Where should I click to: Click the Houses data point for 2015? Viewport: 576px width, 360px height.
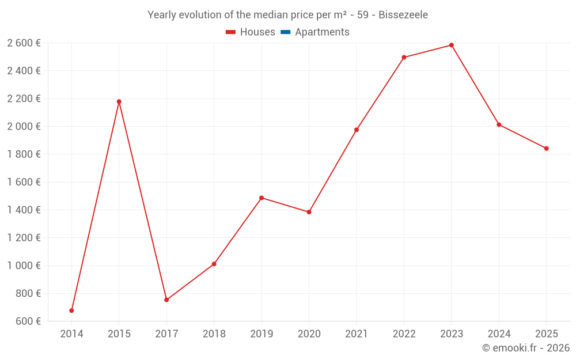click(x=119, y=101)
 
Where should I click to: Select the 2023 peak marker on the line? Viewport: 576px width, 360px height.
click(x=452, y=45)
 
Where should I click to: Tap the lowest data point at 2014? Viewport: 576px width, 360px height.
click(x=71, y=310)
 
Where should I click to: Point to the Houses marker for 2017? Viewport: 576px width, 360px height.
click(x=166, y=300)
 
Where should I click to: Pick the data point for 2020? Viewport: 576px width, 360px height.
click(x=309, y=212)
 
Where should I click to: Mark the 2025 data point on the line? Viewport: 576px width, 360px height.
click(x=547, y=149)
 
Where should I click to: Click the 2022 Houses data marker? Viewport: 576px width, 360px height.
click(x=404, y=58)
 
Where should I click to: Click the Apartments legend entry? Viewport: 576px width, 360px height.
click(x=322, y=32)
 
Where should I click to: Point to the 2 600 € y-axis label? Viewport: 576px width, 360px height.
click(x=24, y=43)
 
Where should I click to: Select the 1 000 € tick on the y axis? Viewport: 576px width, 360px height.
click(x=24, y=266)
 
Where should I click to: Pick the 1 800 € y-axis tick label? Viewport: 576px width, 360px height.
click(x=24, y=154)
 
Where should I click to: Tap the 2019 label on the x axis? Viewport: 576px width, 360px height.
click(x=262, y=334)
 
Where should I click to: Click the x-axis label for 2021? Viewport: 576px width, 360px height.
click(x=357, y=334)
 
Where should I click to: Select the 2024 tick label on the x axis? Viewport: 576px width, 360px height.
click(x=499, y=334)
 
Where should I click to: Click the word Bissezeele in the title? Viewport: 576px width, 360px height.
click(x=403, y=15)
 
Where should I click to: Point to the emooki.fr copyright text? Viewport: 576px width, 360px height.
click(x=526, y=348)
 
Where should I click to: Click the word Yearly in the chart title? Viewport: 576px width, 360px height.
click(x=163, y=15)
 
